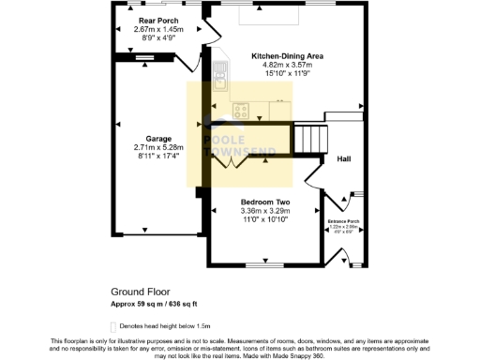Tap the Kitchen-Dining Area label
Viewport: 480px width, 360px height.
[287, 56]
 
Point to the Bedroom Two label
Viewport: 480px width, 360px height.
[264, 202]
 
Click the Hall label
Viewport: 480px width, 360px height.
[343, 159]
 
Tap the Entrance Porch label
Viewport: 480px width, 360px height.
[343, 219]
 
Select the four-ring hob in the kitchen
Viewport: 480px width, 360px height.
[241, 112]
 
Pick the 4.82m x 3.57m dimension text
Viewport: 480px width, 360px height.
[287, 66]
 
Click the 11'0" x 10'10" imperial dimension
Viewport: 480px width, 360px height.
[264, 219]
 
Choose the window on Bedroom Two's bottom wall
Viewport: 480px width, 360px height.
[265, 265]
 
